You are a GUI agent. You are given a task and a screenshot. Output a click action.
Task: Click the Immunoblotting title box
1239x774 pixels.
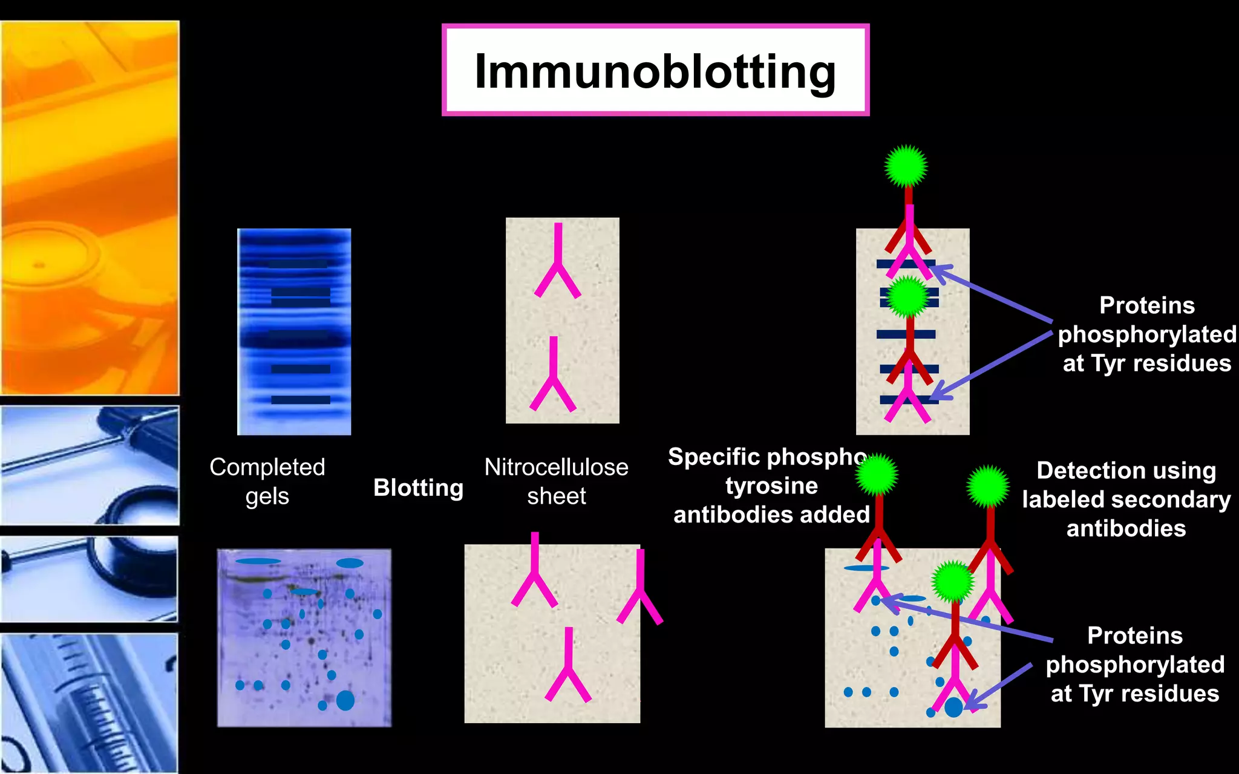pos(655,70)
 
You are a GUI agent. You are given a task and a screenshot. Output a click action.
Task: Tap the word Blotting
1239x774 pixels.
pos(418,487)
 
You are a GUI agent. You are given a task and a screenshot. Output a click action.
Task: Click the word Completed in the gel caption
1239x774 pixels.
pos(267,467)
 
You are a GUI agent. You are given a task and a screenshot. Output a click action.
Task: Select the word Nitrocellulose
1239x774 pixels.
pos(556,467)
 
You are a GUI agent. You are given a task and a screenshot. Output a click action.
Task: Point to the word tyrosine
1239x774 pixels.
pos(771,486)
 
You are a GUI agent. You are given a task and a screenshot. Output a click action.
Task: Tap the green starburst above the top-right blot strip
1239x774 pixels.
pos(906,166)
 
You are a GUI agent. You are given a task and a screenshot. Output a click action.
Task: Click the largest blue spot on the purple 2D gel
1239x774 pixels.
pos(345,700)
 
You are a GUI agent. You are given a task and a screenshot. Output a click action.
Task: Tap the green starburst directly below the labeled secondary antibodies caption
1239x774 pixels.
pos(988,486)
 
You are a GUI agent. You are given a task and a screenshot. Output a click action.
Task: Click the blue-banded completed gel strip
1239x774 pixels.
pos(294,331)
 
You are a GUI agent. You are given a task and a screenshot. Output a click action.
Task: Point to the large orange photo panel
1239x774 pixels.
pos(90,208)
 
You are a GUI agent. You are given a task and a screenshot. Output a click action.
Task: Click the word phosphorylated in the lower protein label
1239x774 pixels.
pos(1135,665)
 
